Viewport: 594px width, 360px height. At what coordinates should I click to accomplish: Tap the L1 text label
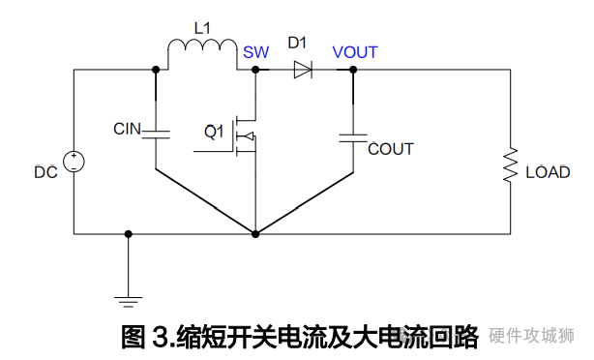pos(202,27)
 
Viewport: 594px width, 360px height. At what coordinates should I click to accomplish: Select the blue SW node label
pos(256,52)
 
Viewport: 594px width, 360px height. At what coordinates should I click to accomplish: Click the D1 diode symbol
pos(302,69)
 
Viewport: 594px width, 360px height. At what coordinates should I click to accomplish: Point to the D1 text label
pos(298,45)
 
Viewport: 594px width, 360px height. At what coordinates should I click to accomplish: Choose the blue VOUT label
pos(355,52)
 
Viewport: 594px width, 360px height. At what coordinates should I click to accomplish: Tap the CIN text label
pos(127,129)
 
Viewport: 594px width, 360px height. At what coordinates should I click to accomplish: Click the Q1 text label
pos(214,130)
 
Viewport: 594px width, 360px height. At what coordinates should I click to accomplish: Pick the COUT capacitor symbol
pos(353,136)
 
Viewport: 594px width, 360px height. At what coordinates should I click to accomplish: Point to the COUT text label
pos(391,149)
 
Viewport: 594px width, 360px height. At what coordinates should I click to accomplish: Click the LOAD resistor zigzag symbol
pos(510,166)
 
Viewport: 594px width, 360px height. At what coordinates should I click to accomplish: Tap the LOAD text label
pos(548,173)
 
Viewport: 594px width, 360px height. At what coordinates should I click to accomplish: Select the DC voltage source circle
pos(74,162)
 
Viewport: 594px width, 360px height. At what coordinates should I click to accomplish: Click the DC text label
pos(45,173)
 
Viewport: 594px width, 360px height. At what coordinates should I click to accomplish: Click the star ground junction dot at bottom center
pos(255,233)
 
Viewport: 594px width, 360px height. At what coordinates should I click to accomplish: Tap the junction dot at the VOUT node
pos(353,69)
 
